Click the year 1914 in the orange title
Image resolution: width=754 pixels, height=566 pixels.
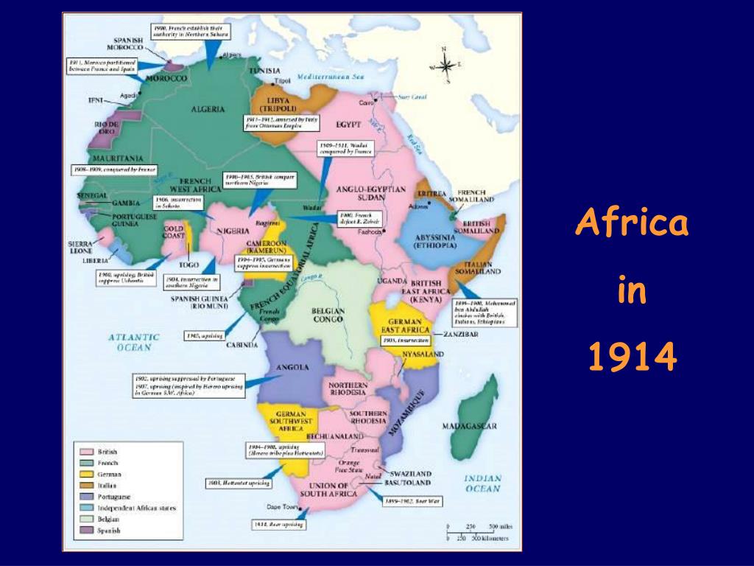[x=633, y=357]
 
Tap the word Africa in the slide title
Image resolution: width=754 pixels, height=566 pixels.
[x=632, y=223]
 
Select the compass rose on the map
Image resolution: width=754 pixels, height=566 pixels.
[x=444, y=65]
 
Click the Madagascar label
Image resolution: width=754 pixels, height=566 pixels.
[x=469, y=426]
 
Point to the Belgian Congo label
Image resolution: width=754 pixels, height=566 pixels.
[x=328, y=316]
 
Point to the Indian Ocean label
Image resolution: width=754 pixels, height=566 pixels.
[x=482, y=483]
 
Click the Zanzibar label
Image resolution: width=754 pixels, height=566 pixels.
[x=462, y=335]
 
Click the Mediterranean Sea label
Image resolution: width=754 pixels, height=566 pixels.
[x=331, y=77]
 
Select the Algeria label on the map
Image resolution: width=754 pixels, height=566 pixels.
[x=208, y=109]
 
